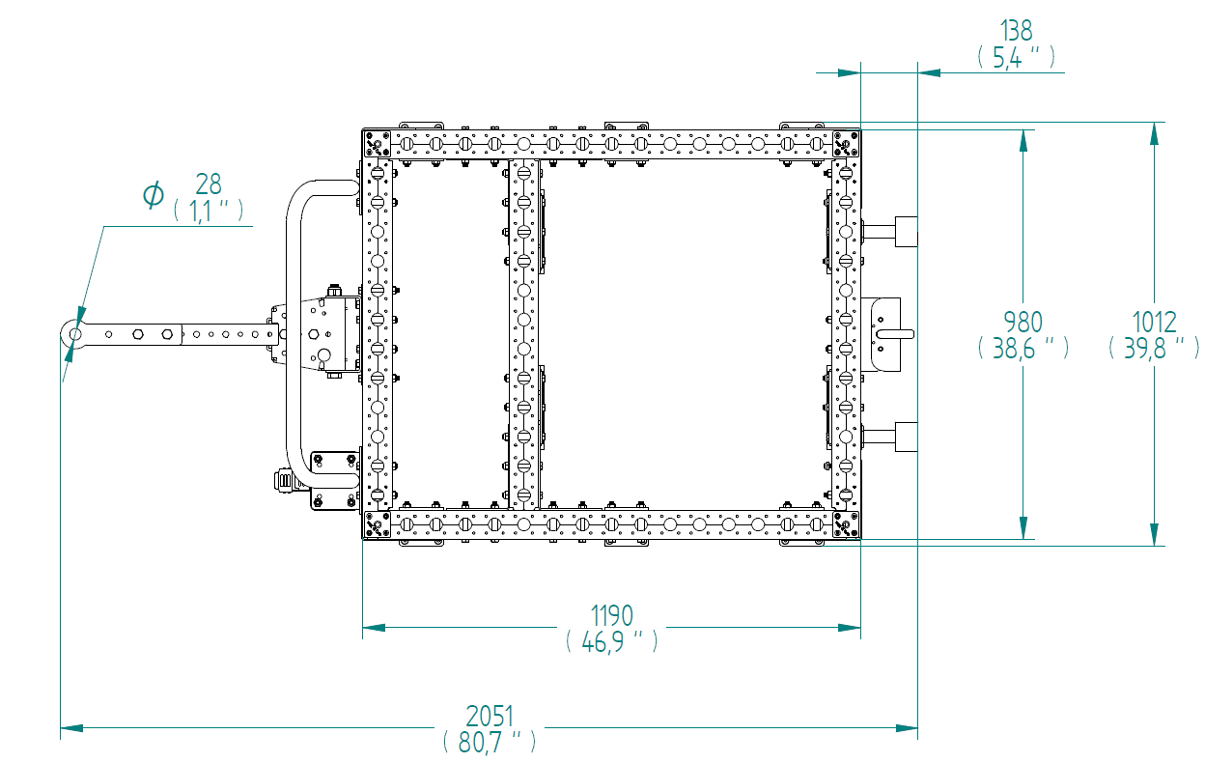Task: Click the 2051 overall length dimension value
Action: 490,717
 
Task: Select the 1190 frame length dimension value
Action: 611,615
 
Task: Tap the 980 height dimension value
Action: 1023,323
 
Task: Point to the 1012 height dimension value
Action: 1155,323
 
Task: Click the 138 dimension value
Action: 1016,31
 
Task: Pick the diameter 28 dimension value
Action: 209,184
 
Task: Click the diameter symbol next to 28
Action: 154,194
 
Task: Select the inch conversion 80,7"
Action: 490,743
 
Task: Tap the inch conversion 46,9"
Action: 611,641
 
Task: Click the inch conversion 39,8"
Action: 1155,348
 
